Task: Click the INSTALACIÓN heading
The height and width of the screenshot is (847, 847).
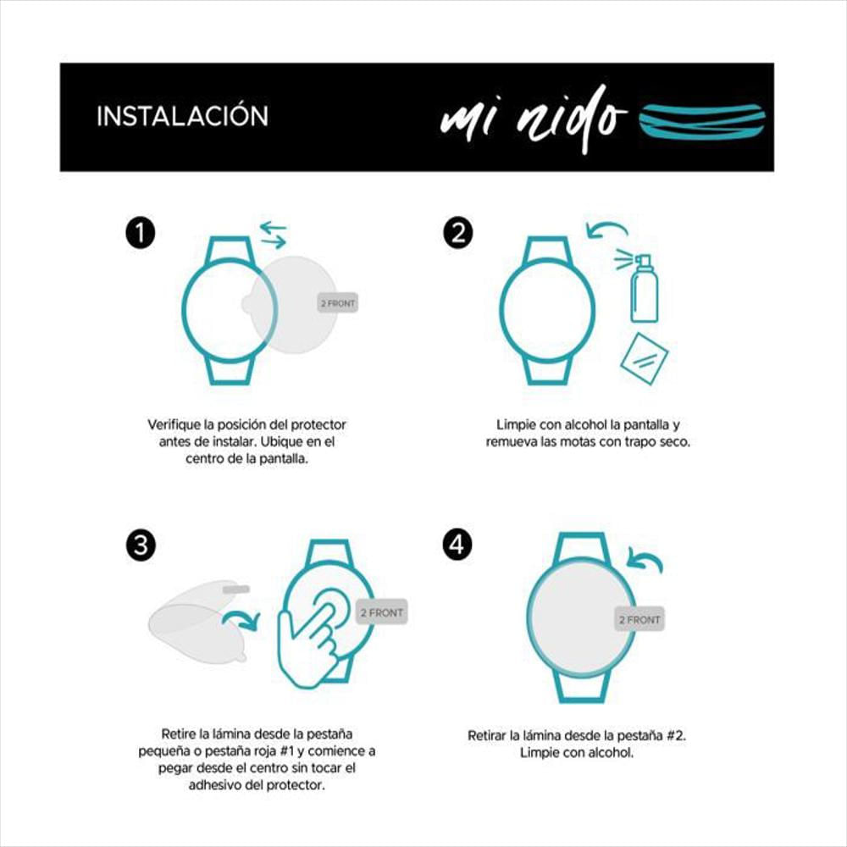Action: pos(183,116)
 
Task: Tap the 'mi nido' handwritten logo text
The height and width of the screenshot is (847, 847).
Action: pos(533,119)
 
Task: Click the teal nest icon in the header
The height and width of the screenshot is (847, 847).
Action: pos(701,122)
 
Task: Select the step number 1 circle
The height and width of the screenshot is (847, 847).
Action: pos(141,234)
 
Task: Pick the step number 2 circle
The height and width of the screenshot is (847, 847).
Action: pos(458,234)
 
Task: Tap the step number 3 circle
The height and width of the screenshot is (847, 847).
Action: pos(141,545)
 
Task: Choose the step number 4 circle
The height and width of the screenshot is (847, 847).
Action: pos(457,545)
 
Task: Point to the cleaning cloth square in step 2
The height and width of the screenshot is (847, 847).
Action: pos(644,358)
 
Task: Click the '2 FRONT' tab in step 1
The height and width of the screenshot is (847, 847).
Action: pos(338,303)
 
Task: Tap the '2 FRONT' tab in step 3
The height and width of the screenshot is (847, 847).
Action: pos(381,612)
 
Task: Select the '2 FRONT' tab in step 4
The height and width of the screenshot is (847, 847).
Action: pos(639,620)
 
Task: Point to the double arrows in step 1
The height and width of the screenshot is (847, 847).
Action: pos(274,235)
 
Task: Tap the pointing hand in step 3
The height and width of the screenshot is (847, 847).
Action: pos(308,643)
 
